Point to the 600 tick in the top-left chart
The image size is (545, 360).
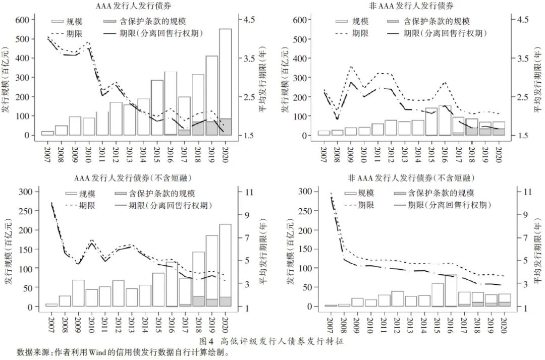pos(23,20)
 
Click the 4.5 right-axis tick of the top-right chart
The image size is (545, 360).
pos(522,20)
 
